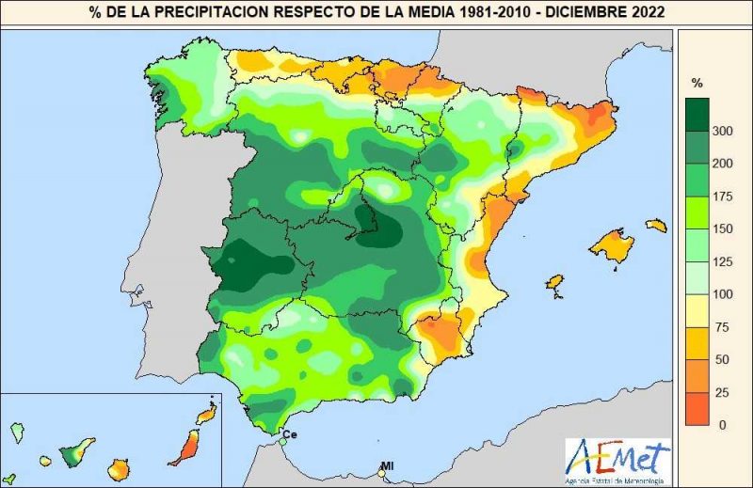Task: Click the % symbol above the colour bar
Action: coord(697,82)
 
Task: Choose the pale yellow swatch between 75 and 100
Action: coord(697,311)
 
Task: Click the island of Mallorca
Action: coord(613,247)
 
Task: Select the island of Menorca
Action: coord(656,226)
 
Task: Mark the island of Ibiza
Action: coord(555,282)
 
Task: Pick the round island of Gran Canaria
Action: coord(118,466)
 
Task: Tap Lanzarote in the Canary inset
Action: coord(207,413)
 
